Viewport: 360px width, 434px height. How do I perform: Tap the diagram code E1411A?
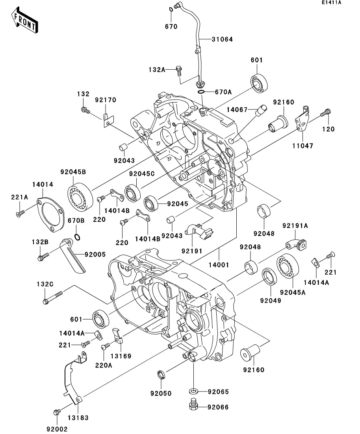point(331,3)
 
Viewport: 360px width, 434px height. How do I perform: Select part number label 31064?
point(222,39)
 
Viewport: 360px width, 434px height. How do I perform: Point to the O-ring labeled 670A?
point(201,92)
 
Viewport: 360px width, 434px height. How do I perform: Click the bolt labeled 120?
point(326,112)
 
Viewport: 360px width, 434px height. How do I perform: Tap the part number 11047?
point(302,146)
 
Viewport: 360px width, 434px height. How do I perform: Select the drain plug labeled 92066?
point(193,405)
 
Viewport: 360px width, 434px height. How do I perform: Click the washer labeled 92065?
point(193,392)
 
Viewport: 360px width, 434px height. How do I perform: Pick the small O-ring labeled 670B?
point(78,237)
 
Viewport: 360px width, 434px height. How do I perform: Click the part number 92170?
point(106,100)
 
